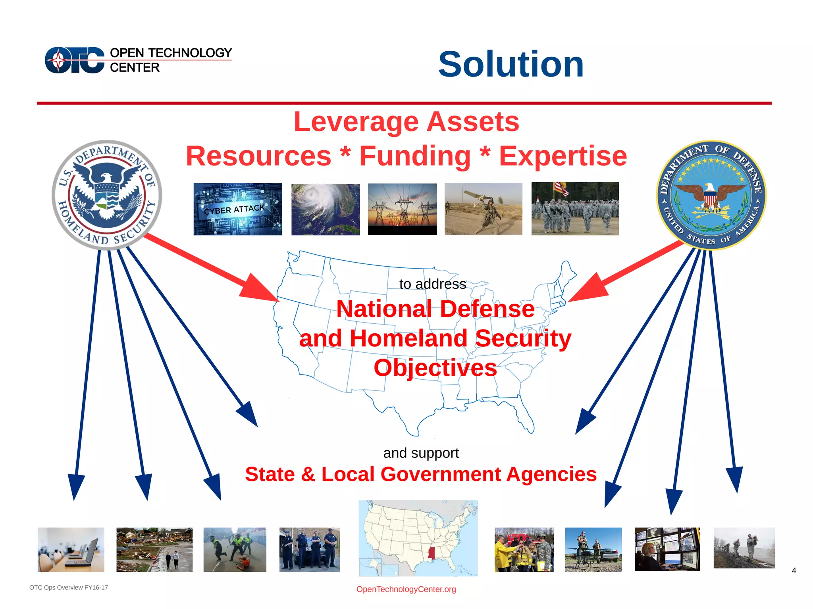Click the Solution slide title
[511, 64]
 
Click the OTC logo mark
[75, 60]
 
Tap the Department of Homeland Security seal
[107, 195]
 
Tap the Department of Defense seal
[711, 195]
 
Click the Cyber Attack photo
[238, 209]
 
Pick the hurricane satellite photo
[326, 209]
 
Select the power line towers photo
[402, 209]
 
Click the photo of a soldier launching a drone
[483, 209]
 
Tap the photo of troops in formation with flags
[575, 209]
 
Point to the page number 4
[794, 571]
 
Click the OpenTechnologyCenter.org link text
[406, 589]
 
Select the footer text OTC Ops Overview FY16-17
[69, 588]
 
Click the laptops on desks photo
[71, 549]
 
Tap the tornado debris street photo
[154, 549]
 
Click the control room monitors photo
[667, 549]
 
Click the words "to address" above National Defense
[432, 284]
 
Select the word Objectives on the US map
[435, 368]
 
